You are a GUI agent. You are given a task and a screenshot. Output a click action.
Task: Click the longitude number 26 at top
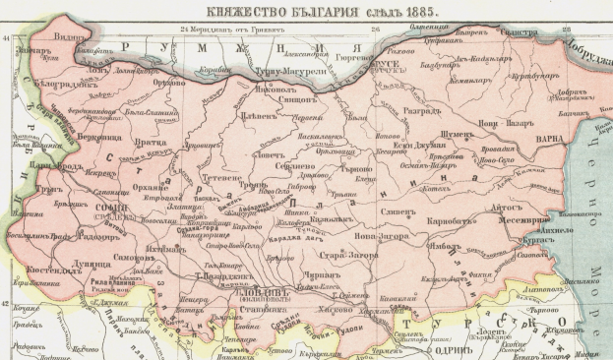374,28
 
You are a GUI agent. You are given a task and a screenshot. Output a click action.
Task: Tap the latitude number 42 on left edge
6,305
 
